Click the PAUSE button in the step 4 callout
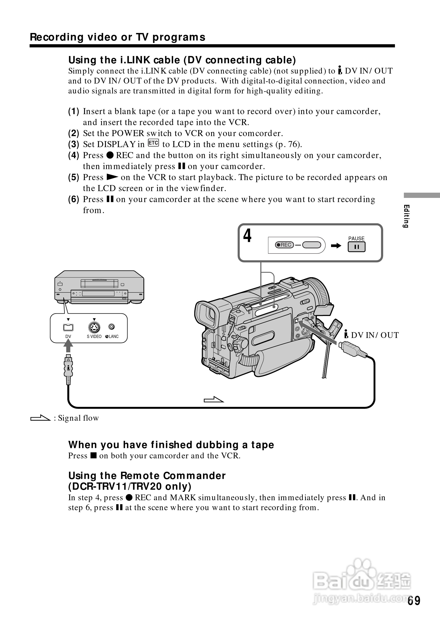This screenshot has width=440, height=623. (356, 247)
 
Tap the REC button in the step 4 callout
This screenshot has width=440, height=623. (284, 245)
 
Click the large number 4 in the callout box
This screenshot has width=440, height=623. (247, 236)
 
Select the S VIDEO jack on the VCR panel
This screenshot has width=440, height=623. (94, 327)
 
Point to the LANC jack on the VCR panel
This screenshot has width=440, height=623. (112, 327)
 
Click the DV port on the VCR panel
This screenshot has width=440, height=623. (68, 327)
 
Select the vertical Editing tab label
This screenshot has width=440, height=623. (406, 216)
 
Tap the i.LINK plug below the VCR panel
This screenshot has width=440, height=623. (68, 369)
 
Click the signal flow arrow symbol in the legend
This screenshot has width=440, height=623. (40, 418)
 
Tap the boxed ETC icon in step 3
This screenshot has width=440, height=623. (153, 143)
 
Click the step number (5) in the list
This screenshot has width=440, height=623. (74, 177)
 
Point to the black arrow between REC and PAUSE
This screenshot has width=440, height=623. (336, 246)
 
